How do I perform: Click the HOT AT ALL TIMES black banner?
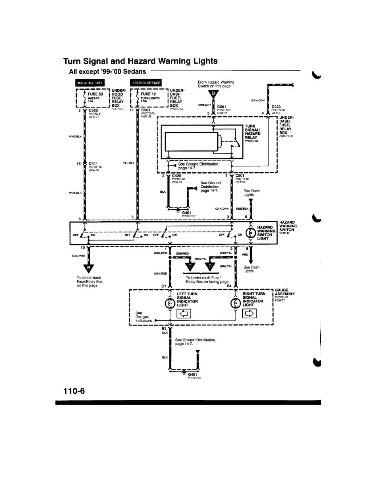[x=90, y=83]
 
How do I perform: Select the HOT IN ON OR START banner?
[x=146, y=83]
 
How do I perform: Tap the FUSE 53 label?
[x=95, y=94]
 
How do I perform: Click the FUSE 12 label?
[x=148, y=94]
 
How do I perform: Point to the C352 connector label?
[x=93, y=110]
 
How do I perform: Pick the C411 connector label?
[x=93, y=164]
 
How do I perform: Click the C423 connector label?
[x=276, y=107]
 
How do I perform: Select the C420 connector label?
[x=176, y=176]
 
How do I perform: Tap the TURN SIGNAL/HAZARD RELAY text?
[x=252, y=132]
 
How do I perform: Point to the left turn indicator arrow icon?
[x=184, y=314]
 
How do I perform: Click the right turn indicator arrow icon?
[x=249, y=314]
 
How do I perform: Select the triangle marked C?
[x=190, y=266]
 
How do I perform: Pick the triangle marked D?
[x=210, y=266]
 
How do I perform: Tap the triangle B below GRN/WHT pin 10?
[x=89, y=268]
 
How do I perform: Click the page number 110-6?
[x=74, y=391]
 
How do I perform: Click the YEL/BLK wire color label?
[x=129, y=163]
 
